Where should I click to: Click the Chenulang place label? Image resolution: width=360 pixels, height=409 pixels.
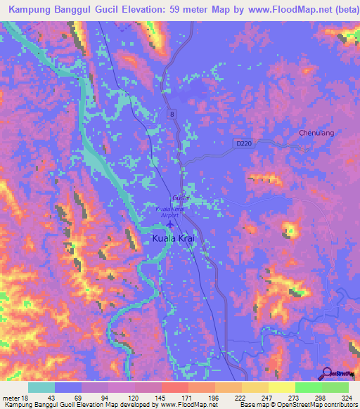click(316, 132)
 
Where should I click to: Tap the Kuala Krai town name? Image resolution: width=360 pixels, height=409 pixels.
click(173, 239)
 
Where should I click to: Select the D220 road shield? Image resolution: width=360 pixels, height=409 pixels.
click(243, 143)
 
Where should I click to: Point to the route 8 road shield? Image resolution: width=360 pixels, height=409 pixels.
click(171, 113)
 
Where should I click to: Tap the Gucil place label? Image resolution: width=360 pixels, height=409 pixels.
click(177, 197)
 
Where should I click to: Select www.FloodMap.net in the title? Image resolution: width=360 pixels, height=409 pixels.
click(269, 11)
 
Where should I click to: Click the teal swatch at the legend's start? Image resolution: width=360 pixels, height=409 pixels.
click(41, 387)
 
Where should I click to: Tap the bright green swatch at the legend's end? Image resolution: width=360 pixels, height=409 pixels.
click(335, 387)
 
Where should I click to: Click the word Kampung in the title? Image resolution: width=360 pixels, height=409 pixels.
click(32, 11)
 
